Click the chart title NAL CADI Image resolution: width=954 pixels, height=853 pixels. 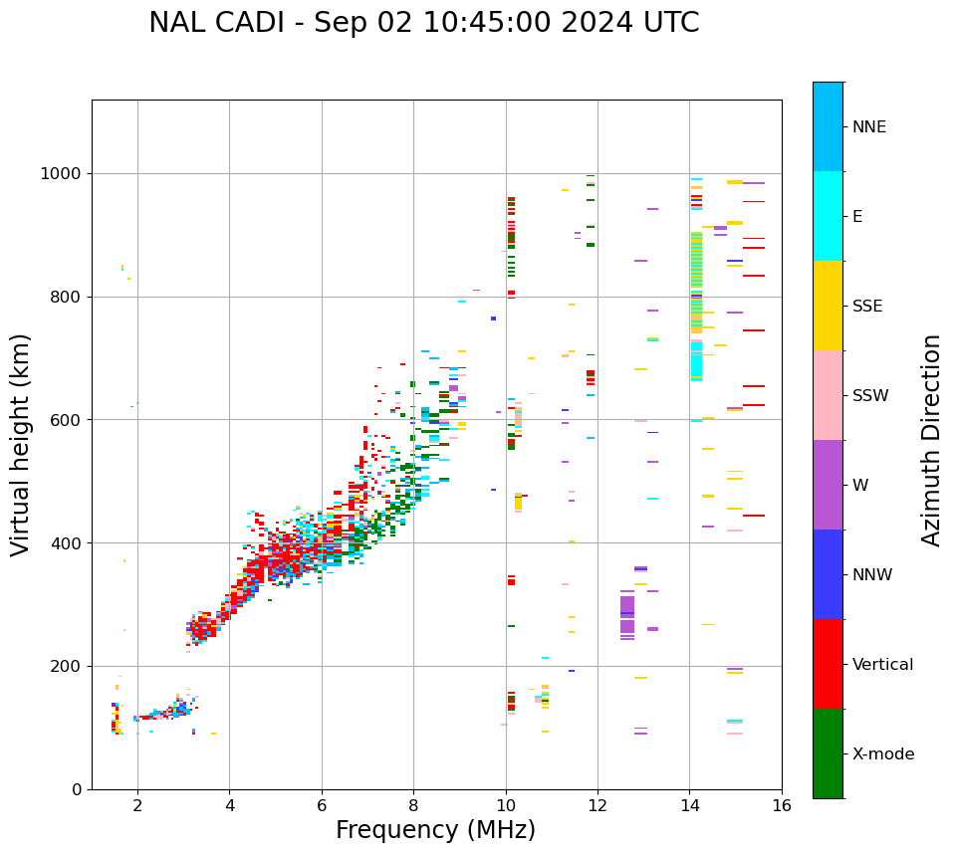(x=423, y=23)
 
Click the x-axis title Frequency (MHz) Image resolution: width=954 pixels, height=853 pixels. (x=435, y=830)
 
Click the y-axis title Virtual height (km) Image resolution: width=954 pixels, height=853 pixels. (x=21, y=445)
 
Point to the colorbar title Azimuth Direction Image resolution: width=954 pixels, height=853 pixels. (x=931, y=440)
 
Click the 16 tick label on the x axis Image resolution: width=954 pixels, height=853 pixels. (x=781, y=805)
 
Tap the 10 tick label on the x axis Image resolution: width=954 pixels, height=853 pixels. (x=506, y=805)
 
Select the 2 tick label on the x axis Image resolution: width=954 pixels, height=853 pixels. (x=137, y=805)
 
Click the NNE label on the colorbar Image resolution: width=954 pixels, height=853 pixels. (x=868, y=127)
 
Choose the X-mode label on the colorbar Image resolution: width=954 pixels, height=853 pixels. (x=882, y=754)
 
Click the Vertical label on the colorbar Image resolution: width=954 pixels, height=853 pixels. (x=882, y=665)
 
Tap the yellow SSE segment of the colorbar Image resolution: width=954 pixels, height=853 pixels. (x=828, y=306)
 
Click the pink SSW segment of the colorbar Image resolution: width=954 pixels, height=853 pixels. (x=828, y=395)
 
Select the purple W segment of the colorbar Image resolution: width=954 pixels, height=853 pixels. (x=828, y=485)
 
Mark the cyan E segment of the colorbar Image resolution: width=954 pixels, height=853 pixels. (x=828, y=216)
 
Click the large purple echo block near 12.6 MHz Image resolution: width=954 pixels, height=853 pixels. (x=627, y=614)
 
